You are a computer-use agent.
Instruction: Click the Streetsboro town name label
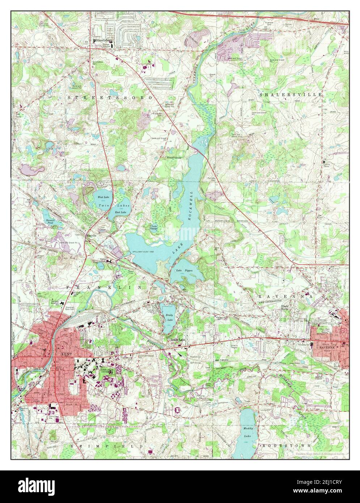tap(103, 41)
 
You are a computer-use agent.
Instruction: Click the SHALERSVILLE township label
tap(291, 94)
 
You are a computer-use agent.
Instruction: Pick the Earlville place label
tap(93, 234)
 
